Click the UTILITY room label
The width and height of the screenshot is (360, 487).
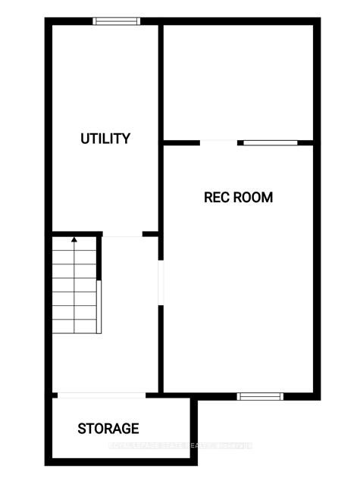tap(105, 139)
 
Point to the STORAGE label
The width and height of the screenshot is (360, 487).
tap(108, 429)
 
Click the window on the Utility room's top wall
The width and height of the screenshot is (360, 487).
tap(116, 21)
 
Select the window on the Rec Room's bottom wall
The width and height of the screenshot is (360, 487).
tap(260, 395)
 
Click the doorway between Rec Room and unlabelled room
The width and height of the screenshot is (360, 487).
tap(219, 142)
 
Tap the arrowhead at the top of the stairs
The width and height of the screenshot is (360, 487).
tap(74, 240)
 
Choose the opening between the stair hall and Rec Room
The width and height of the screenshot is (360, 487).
tap(160, 283)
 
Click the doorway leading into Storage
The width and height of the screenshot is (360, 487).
tap(102, 395)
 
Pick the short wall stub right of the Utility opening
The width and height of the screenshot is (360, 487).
tap(151, 235)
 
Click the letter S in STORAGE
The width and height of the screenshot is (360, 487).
tap(82, 429)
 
